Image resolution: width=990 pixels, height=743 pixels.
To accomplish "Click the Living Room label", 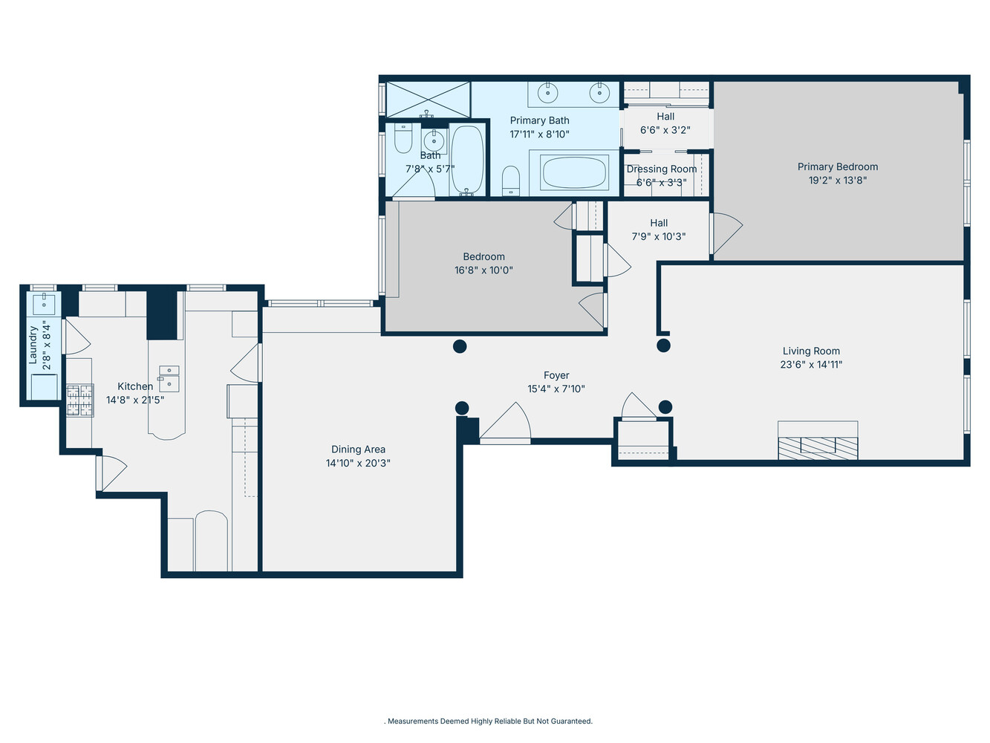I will tap(811, 351).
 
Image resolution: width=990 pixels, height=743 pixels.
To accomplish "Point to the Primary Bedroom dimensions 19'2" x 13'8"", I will tap(838, 181).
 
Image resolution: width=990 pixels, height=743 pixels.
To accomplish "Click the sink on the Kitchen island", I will tap(169, 378).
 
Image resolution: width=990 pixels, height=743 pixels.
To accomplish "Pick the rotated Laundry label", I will tap(33, 345).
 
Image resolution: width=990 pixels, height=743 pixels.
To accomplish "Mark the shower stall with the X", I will tap(428, 100).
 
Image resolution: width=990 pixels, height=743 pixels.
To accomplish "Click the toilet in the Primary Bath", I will tap(511, 181).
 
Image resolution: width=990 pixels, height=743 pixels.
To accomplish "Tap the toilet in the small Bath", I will tap(403, 139).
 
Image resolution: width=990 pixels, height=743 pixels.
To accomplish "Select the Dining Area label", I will tap(358, 450).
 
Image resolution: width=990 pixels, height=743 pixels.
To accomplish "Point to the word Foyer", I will tap(556, 376).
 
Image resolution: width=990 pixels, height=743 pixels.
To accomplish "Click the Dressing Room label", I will tap(662, 169).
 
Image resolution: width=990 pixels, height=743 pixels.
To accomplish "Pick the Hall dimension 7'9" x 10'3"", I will tap(659, 237).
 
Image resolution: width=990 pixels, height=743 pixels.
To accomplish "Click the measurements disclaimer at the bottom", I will tap(489, 721).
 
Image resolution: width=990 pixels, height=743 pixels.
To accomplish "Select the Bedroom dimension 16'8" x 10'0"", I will tap(483, 270).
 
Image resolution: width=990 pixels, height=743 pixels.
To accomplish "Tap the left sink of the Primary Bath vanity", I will tap(547, 93).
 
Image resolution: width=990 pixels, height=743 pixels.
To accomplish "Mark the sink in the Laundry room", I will tap(44, 303).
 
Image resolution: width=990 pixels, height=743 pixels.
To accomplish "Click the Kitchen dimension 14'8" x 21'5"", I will tap(135, 400).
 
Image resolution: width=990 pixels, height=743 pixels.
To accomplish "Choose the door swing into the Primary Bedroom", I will tap(726, 233).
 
